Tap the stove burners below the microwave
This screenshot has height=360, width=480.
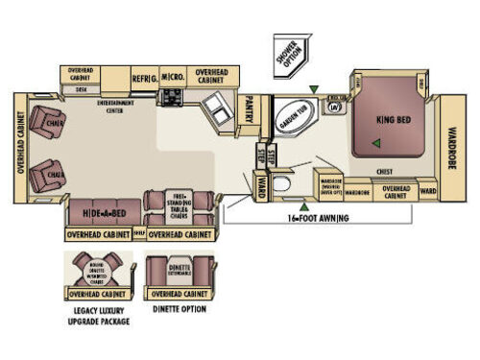pos(173,97)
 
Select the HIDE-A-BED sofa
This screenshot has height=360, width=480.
pos(101,210)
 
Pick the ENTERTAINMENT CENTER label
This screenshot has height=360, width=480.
pos(117,108)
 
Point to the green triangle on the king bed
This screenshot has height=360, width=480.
pos(377,144)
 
